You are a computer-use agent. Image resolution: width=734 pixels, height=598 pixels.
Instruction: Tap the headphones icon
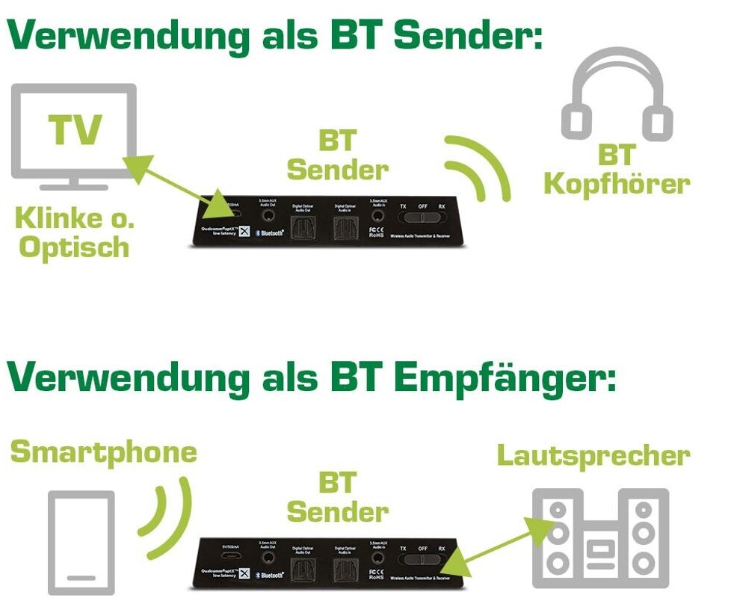click(x=613, y=93)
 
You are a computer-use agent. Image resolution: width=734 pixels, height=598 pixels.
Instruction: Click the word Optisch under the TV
click(x=74, y=247)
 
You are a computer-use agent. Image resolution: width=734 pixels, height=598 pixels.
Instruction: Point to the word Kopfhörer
click(x=617, y=184)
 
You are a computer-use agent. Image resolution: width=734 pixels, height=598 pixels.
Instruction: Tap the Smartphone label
click(x=104, y=452)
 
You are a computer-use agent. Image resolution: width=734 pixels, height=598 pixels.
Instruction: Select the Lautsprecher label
click(x=593, y=455)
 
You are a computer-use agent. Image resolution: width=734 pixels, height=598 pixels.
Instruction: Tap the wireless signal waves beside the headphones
click(x=478, y=167)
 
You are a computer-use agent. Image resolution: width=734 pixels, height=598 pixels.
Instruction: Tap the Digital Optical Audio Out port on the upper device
click(x=303, y=224)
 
